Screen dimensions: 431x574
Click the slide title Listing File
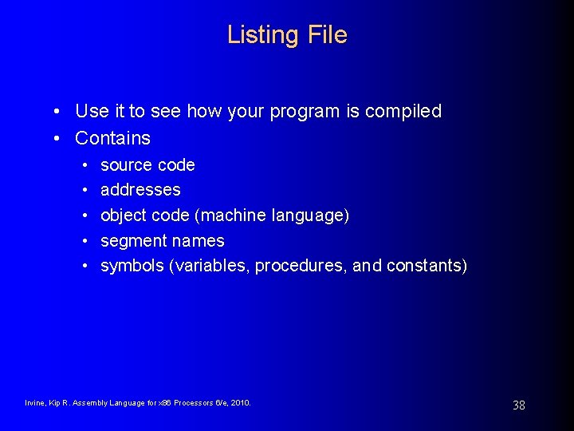pyautogui.click(x=287, y=35)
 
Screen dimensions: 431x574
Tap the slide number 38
pyautogui.click(x=518, y=405)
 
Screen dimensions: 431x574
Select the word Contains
pyautogui.click(x=112, y=138)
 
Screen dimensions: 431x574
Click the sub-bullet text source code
pyautogui.click(x=147, y=165)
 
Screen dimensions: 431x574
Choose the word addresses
pyautogui.click(x=140, y=190)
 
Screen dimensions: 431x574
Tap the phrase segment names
pyautogui.click(x=162, y=241)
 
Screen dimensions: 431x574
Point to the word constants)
pyautogui.click(x=427, y=266)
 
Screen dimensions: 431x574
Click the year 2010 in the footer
pyautogui.click(x=240, y=403)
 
